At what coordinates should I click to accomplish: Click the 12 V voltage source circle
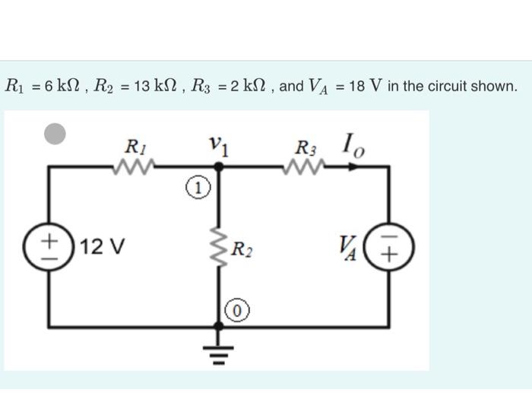click(x=49, y=247)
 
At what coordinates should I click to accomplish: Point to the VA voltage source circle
click(x=390, y=247)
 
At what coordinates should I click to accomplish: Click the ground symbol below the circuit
click(x=219, y=351)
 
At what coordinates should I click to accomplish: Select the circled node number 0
click(x=237, y=310)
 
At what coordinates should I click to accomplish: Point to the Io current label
click(x=352, y=143)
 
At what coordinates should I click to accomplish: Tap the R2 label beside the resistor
click(x=243, y=249)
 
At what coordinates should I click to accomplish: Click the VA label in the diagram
click(x=351, y=247)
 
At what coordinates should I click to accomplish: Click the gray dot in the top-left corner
click(x=55, y=134)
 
